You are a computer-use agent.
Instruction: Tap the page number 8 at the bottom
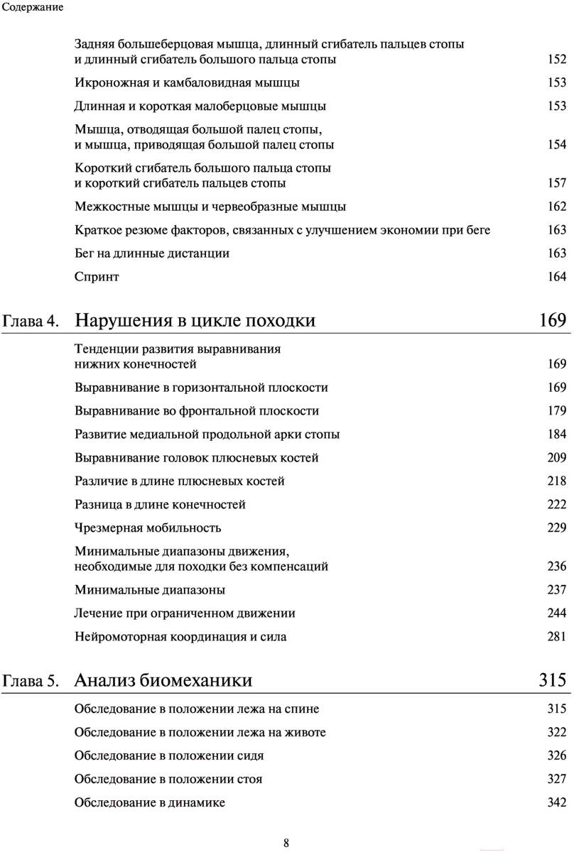pos(286,843)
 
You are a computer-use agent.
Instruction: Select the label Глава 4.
pos(31,322)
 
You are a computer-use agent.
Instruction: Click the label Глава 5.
pos(31,682)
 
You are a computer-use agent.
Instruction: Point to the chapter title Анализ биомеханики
pos(163,680)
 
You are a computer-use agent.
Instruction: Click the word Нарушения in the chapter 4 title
pos(117,320)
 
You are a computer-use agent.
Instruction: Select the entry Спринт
pos(97,277)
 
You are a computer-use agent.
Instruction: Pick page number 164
pos(556,277)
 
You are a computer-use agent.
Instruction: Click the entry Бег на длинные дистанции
pos(152,253)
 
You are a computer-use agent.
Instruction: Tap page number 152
pos(556,60)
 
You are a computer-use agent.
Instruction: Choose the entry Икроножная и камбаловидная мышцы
pos(187,83)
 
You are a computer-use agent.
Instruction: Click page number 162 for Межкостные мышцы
pos(556,207)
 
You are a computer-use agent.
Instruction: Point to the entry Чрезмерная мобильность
pos(148,528)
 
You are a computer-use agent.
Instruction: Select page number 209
pos(556,458)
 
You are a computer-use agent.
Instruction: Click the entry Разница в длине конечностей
pos(160,505)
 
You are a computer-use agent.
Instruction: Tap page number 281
pos(556,637)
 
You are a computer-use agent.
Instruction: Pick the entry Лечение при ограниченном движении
pos(185,613)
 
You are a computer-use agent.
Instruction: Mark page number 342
pos(556,802)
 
